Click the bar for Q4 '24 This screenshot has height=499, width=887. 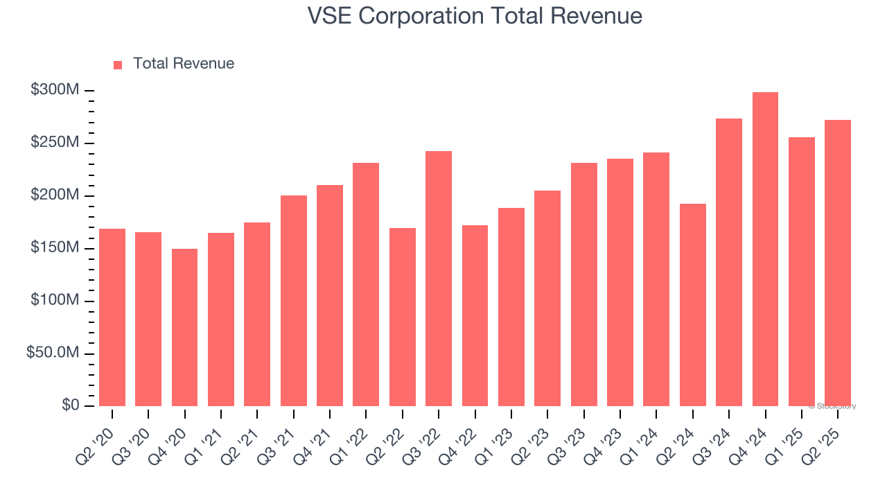(765, 249)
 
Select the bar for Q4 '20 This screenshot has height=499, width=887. (184, 327)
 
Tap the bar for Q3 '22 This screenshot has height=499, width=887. (439, 278)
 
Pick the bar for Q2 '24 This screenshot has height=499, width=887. (692, 304)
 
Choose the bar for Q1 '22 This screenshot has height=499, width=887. (366, 284)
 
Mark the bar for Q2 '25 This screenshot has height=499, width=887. (838, 263)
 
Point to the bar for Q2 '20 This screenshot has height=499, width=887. (112, 317)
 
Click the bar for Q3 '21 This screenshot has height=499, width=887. (293, 300)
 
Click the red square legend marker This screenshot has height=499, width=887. (118, 64)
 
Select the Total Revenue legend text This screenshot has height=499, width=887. (184, 64)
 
